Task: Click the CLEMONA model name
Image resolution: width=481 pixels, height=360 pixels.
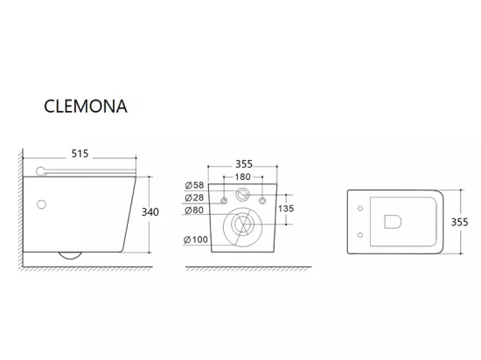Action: [x=86, y=107]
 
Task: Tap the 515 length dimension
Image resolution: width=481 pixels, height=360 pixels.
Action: [x=80, y=154]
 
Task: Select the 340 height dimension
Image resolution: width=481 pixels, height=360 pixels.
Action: [x=150, y=212]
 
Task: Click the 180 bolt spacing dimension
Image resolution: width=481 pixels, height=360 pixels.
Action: [x=242, y=177]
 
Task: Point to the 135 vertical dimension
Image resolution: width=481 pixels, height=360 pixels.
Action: [x=286, y=209]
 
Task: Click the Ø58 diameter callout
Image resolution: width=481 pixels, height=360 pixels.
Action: [x=194, y=185]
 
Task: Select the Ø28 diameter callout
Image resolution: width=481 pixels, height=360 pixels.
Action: [x=194, y=197]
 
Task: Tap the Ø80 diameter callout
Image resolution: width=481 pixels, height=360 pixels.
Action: [x=194, y=211]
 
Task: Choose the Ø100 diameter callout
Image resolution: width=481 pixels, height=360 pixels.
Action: [x=196, y=239]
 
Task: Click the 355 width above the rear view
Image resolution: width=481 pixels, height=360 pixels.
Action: [x=244, y=164]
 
